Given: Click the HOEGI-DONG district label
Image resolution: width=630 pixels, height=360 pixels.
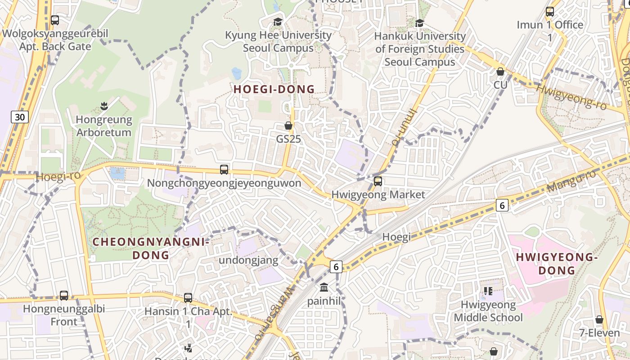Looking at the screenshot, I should (x=274, y=89).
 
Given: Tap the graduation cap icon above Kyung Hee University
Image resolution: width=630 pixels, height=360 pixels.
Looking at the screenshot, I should (x=278, y=22).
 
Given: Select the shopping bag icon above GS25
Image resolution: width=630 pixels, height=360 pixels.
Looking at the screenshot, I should (x=288, y=126).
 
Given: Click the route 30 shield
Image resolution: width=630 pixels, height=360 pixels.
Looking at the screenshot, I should (x=20, y=117).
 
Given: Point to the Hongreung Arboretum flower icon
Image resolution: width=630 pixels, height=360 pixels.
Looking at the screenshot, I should (x=104, y=107).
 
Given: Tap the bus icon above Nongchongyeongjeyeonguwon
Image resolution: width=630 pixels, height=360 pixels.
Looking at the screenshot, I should (x=224, y=170).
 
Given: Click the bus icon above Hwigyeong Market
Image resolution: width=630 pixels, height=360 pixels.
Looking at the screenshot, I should (x=378, y=181).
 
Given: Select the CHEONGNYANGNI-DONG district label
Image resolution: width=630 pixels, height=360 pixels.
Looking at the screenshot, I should (x=151, y=248).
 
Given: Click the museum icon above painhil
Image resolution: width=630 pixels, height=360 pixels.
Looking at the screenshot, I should (x=324, y=287).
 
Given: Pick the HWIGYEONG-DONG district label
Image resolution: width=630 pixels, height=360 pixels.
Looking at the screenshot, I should (x=557, y=264).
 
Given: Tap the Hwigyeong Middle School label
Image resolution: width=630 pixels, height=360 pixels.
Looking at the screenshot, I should (x=488, y=311).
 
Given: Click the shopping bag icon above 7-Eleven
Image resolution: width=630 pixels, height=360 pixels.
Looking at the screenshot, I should (x=599, y=319).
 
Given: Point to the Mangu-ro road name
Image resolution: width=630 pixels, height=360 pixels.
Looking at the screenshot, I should (x=571, y=181).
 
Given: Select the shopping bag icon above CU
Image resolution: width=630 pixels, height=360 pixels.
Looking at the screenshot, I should (x=500, y=72).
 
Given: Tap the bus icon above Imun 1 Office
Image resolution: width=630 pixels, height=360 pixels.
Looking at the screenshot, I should (x=549, y=12).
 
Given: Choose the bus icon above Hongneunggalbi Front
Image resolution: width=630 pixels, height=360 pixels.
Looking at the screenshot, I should (x=64, y=296).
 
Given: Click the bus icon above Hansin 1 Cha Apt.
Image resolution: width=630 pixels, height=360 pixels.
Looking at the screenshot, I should (x=188, y=298).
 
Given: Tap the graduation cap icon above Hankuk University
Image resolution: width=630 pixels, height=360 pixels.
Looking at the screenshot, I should (x=419, y=23).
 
